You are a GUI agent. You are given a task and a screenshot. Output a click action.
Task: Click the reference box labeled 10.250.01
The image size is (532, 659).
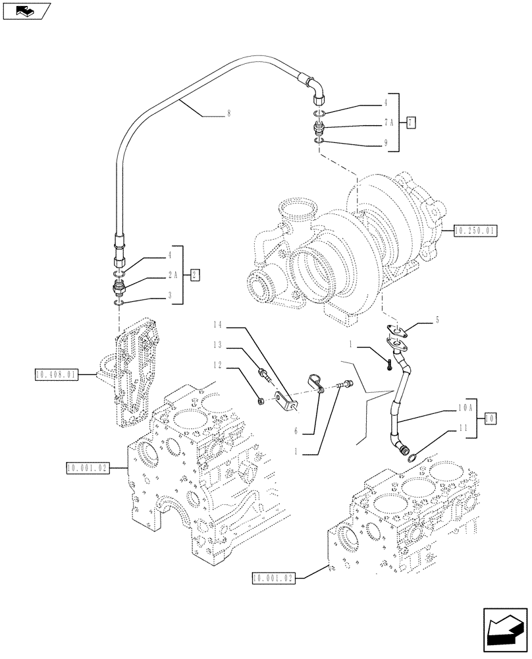tap(475, 231)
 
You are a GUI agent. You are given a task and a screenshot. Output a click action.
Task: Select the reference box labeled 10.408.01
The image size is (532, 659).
tap(55, 375)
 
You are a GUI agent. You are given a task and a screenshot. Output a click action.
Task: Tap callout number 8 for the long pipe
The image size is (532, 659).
tap(228, 113)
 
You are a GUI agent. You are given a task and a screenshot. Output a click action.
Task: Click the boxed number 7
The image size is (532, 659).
tap(411, 123)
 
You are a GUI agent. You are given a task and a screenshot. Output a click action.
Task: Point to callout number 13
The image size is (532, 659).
tap(218, 345)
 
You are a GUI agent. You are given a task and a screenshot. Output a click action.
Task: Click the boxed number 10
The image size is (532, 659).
tap(489, 417)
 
